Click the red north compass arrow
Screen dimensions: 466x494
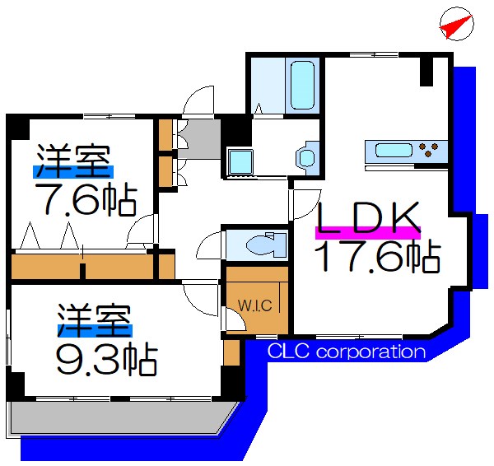click(455, 26)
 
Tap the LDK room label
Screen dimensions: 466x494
click(369, 217)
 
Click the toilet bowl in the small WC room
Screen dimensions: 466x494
click(264, 244)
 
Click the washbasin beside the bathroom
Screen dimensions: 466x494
click(306, 156)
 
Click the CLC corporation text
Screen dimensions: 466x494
click(347, 352)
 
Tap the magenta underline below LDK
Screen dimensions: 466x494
click(368, 235)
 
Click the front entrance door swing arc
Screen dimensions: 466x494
click(197, 103)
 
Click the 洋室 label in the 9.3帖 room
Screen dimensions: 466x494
click(94, 320)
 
